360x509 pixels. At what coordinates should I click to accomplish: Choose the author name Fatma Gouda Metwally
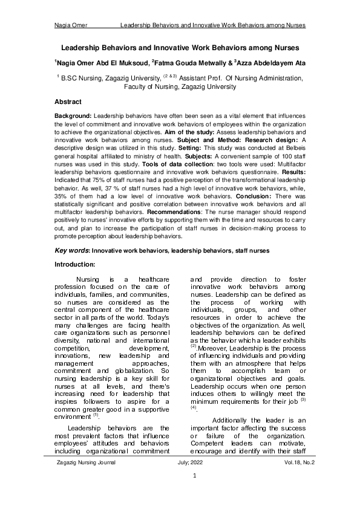click(x=184, y=62)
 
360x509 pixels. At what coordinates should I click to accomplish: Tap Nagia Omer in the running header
click(x=71, y=25)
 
